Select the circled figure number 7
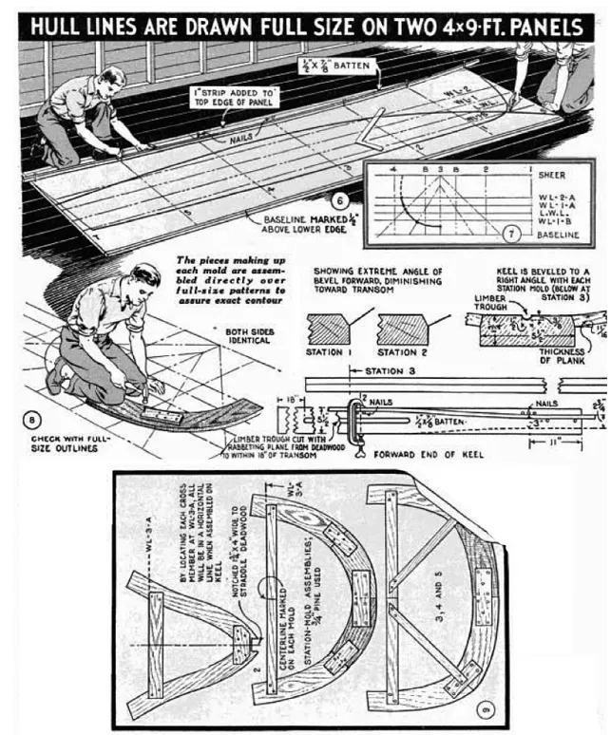pyautogui.click(x=513, y=232)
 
